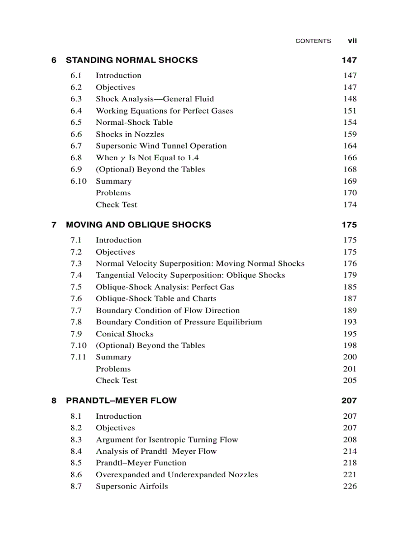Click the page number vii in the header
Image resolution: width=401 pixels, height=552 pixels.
(x=352, y=41)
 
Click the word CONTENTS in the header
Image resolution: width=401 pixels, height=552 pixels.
(x=313, y=41)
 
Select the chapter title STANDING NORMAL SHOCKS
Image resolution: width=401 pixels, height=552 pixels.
(x=132, y=60)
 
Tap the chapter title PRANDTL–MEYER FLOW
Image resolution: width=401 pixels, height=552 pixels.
(x=121, y=401)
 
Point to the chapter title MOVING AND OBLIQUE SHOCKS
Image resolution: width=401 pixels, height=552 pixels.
(x=139, y=225)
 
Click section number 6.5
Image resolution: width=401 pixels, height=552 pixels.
(x=76, y=122)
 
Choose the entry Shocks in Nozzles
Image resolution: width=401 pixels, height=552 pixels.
(x=130, y=134)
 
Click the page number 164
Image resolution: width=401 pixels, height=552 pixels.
(x=350, y=146)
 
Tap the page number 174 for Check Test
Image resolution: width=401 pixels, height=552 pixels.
(x=350, y=204)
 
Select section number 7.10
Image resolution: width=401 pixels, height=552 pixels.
(x=78, y=346)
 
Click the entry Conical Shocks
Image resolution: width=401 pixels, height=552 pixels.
(x=124, y=334)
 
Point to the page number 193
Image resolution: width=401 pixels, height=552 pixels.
(x=350, y=322)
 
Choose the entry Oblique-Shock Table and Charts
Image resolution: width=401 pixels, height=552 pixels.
(x=156, y=298)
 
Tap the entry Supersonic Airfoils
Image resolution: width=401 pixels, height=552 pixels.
(x=132, y=486)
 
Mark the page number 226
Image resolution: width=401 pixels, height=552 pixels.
(x=350, y=486)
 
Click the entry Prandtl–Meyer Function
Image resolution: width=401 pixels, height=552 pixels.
(x=141, y=463)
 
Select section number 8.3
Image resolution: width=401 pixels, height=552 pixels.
(x=76, y=439)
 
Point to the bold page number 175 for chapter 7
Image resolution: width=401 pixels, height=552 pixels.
(x=349, y=225)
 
